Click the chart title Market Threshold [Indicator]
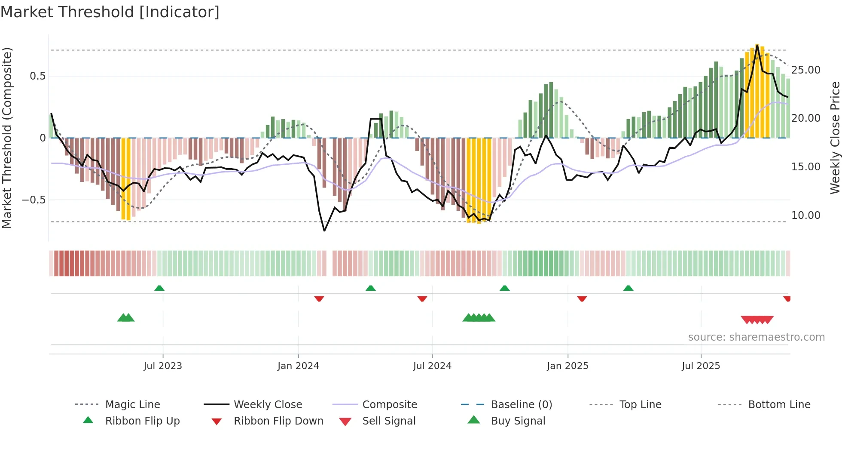click(110, 12)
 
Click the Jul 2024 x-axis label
click(432, 366)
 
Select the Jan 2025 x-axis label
click(567, 366)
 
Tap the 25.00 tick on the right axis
click(805, 70)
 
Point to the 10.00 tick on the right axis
click(805, 215)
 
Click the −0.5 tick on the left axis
click(34, 200)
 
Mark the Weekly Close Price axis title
click(835, 138)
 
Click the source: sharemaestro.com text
click(756, 337)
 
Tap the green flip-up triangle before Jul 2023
click(159, 288)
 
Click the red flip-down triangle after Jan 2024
click(319, 299)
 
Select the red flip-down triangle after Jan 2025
click(582, 299)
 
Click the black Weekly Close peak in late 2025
click(757, 45)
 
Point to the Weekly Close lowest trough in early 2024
click(324, 231)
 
